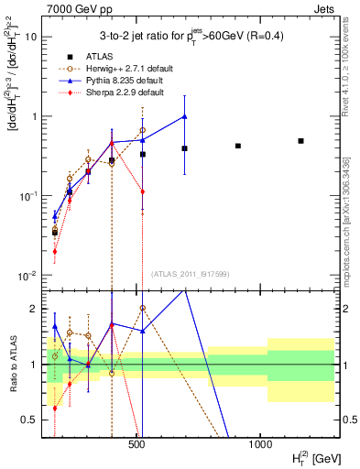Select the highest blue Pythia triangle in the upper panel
click(185, 116)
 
